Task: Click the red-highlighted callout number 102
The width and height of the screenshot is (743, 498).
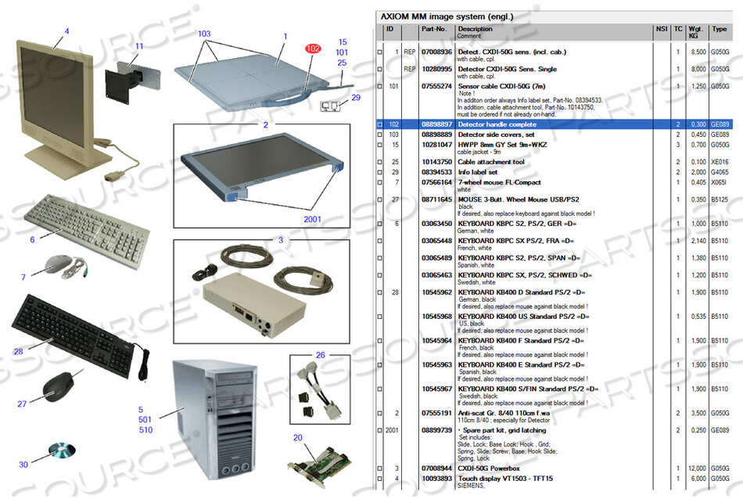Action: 314,48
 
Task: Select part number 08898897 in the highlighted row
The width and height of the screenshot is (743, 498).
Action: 436,124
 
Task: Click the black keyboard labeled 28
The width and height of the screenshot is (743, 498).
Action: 74,328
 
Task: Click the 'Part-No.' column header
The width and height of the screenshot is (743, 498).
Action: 433,29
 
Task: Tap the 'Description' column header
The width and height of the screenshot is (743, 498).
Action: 476,29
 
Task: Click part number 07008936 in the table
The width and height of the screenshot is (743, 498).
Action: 436,52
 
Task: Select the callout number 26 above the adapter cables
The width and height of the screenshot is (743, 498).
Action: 320,356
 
